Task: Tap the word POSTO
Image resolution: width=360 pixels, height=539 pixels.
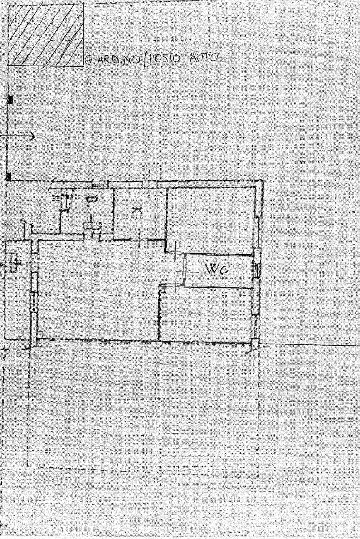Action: (164, 58)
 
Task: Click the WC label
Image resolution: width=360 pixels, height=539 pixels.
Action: (217, 270)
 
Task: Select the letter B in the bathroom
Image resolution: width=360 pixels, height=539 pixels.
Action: (91, 200)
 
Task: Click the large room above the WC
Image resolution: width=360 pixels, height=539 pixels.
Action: (211, 219)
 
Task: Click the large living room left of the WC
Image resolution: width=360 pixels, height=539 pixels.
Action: (98, 290)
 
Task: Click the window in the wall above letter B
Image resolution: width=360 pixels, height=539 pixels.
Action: (98, 184)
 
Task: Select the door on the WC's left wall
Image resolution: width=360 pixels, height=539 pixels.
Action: (184, 270)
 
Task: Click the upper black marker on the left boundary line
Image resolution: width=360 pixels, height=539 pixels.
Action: (9, 100)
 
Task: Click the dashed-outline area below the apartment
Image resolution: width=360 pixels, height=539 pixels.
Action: (142, 406)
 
